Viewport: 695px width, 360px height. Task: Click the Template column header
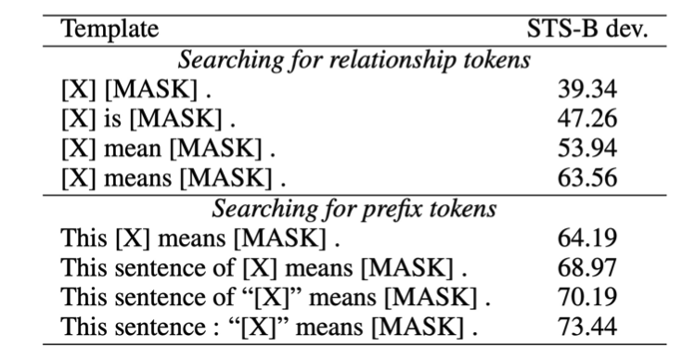click(109, 30)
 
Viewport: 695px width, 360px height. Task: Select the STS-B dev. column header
click(587, 30)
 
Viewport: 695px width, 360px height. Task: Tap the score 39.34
click(586, 89)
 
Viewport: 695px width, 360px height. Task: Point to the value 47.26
click(586, 119)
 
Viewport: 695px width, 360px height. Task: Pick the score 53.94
click(586, 148)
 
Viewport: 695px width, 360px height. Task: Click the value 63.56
click(586, 177)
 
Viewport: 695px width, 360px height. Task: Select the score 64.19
click(586, 238)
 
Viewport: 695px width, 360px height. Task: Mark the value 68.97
click(586, 267)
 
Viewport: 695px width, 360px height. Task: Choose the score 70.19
click(586, 297)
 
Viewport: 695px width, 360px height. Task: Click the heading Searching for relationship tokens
click(354, 60)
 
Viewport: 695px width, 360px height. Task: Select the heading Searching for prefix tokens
click(354, 209)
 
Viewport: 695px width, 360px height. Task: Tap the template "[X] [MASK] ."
click(136, 89)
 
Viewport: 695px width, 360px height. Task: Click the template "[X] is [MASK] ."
click(148, 119)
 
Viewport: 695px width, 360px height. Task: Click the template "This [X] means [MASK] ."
click(200, 238)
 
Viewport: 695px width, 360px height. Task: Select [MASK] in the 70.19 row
click(431, 298)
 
